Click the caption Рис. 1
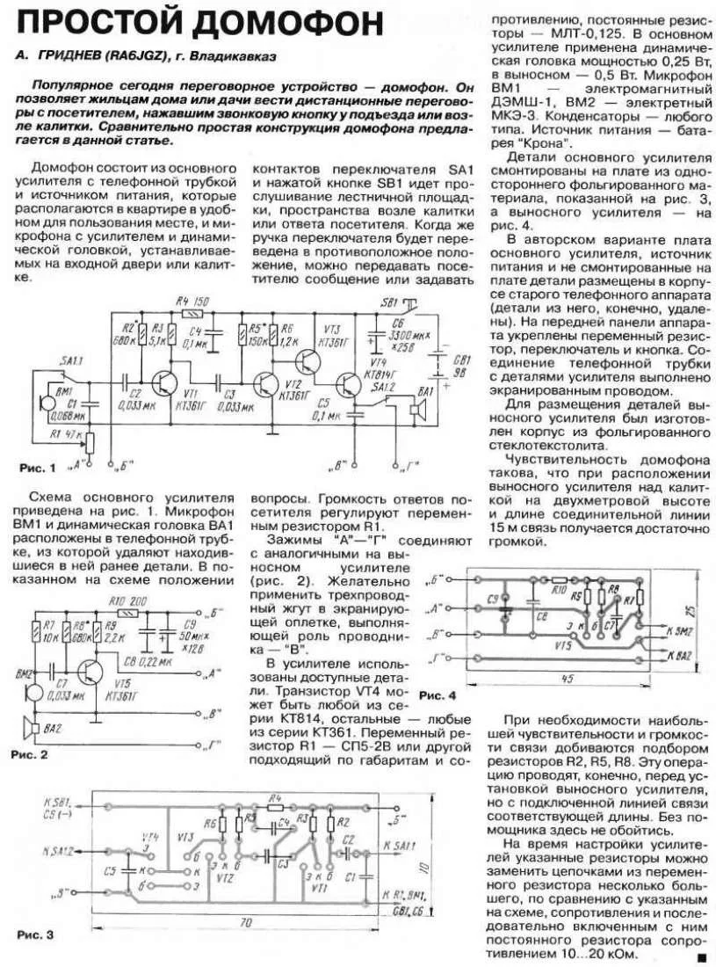tap(38, 466)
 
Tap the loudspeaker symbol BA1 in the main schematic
tap(419, 411)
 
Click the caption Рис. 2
tap(27, 753)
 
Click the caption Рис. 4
tap(438, 695)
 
